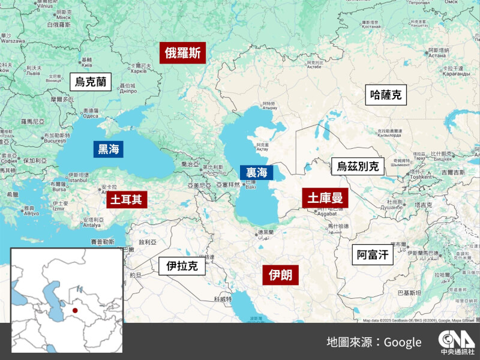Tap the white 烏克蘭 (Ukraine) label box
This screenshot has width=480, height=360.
90,82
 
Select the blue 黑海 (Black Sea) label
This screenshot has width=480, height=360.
109,149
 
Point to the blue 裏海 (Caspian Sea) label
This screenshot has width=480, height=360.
256,172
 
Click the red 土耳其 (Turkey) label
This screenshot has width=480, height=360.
126,199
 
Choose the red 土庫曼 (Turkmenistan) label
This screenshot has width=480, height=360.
325,198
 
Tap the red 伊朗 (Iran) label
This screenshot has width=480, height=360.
280,275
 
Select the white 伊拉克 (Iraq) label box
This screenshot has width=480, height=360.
182,266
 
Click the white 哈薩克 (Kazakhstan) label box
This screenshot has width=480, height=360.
385,95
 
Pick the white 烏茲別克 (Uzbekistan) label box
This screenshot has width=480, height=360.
358,166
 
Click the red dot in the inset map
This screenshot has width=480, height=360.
75,310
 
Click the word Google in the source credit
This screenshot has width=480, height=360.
403,342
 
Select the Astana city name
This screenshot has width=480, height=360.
437,56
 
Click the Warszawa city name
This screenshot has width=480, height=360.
13,41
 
